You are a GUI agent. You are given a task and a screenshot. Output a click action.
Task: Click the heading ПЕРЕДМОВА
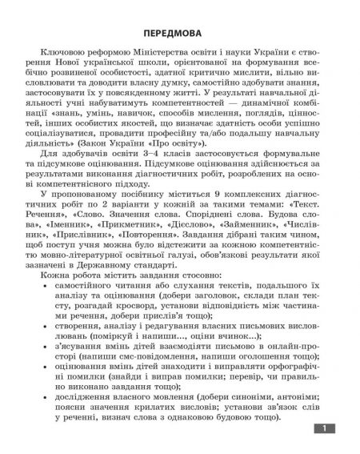tap(179, 35)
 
